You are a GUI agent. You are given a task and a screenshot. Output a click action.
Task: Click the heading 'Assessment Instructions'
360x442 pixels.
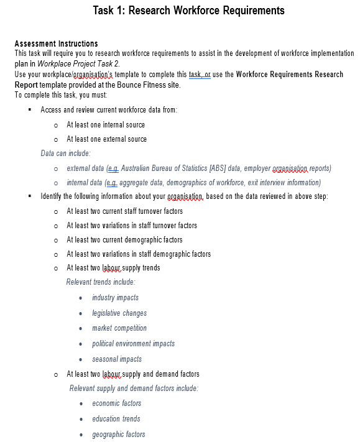coord(56,44)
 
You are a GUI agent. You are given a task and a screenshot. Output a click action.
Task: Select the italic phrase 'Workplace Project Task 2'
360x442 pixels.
coord(78,63)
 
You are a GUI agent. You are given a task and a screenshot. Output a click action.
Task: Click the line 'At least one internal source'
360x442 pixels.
coord(106,125)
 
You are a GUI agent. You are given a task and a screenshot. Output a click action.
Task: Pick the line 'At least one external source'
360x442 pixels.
coord(107,139)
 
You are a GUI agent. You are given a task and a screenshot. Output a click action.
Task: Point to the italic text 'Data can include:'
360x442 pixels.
coord(65,153)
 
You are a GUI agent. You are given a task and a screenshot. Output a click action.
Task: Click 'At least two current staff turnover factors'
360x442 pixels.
coord(125,211)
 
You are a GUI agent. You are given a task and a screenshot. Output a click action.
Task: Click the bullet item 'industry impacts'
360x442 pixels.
coord(115,298)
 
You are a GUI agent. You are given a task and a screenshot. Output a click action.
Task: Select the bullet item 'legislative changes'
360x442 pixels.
coord(119,313)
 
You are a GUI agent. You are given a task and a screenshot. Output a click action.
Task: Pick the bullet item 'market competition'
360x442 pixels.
coord(119,328)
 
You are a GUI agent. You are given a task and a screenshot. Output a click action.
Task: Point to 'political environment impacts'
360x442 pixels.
coord(133,344)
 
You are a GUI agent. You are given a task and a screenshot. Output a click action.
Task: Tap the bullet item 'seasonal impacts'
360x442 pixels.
coord(117,359)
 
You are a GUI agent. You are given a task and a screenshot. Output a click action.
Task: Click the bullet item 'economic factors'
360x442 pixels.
coord(116,403)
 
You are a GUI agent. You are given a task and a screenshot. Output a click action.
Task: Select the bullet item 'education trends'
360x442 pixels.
coord(116,419)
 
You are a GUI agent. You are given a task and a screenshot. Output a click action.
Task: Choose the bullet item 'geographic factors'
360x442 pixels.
coord(119,435)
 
